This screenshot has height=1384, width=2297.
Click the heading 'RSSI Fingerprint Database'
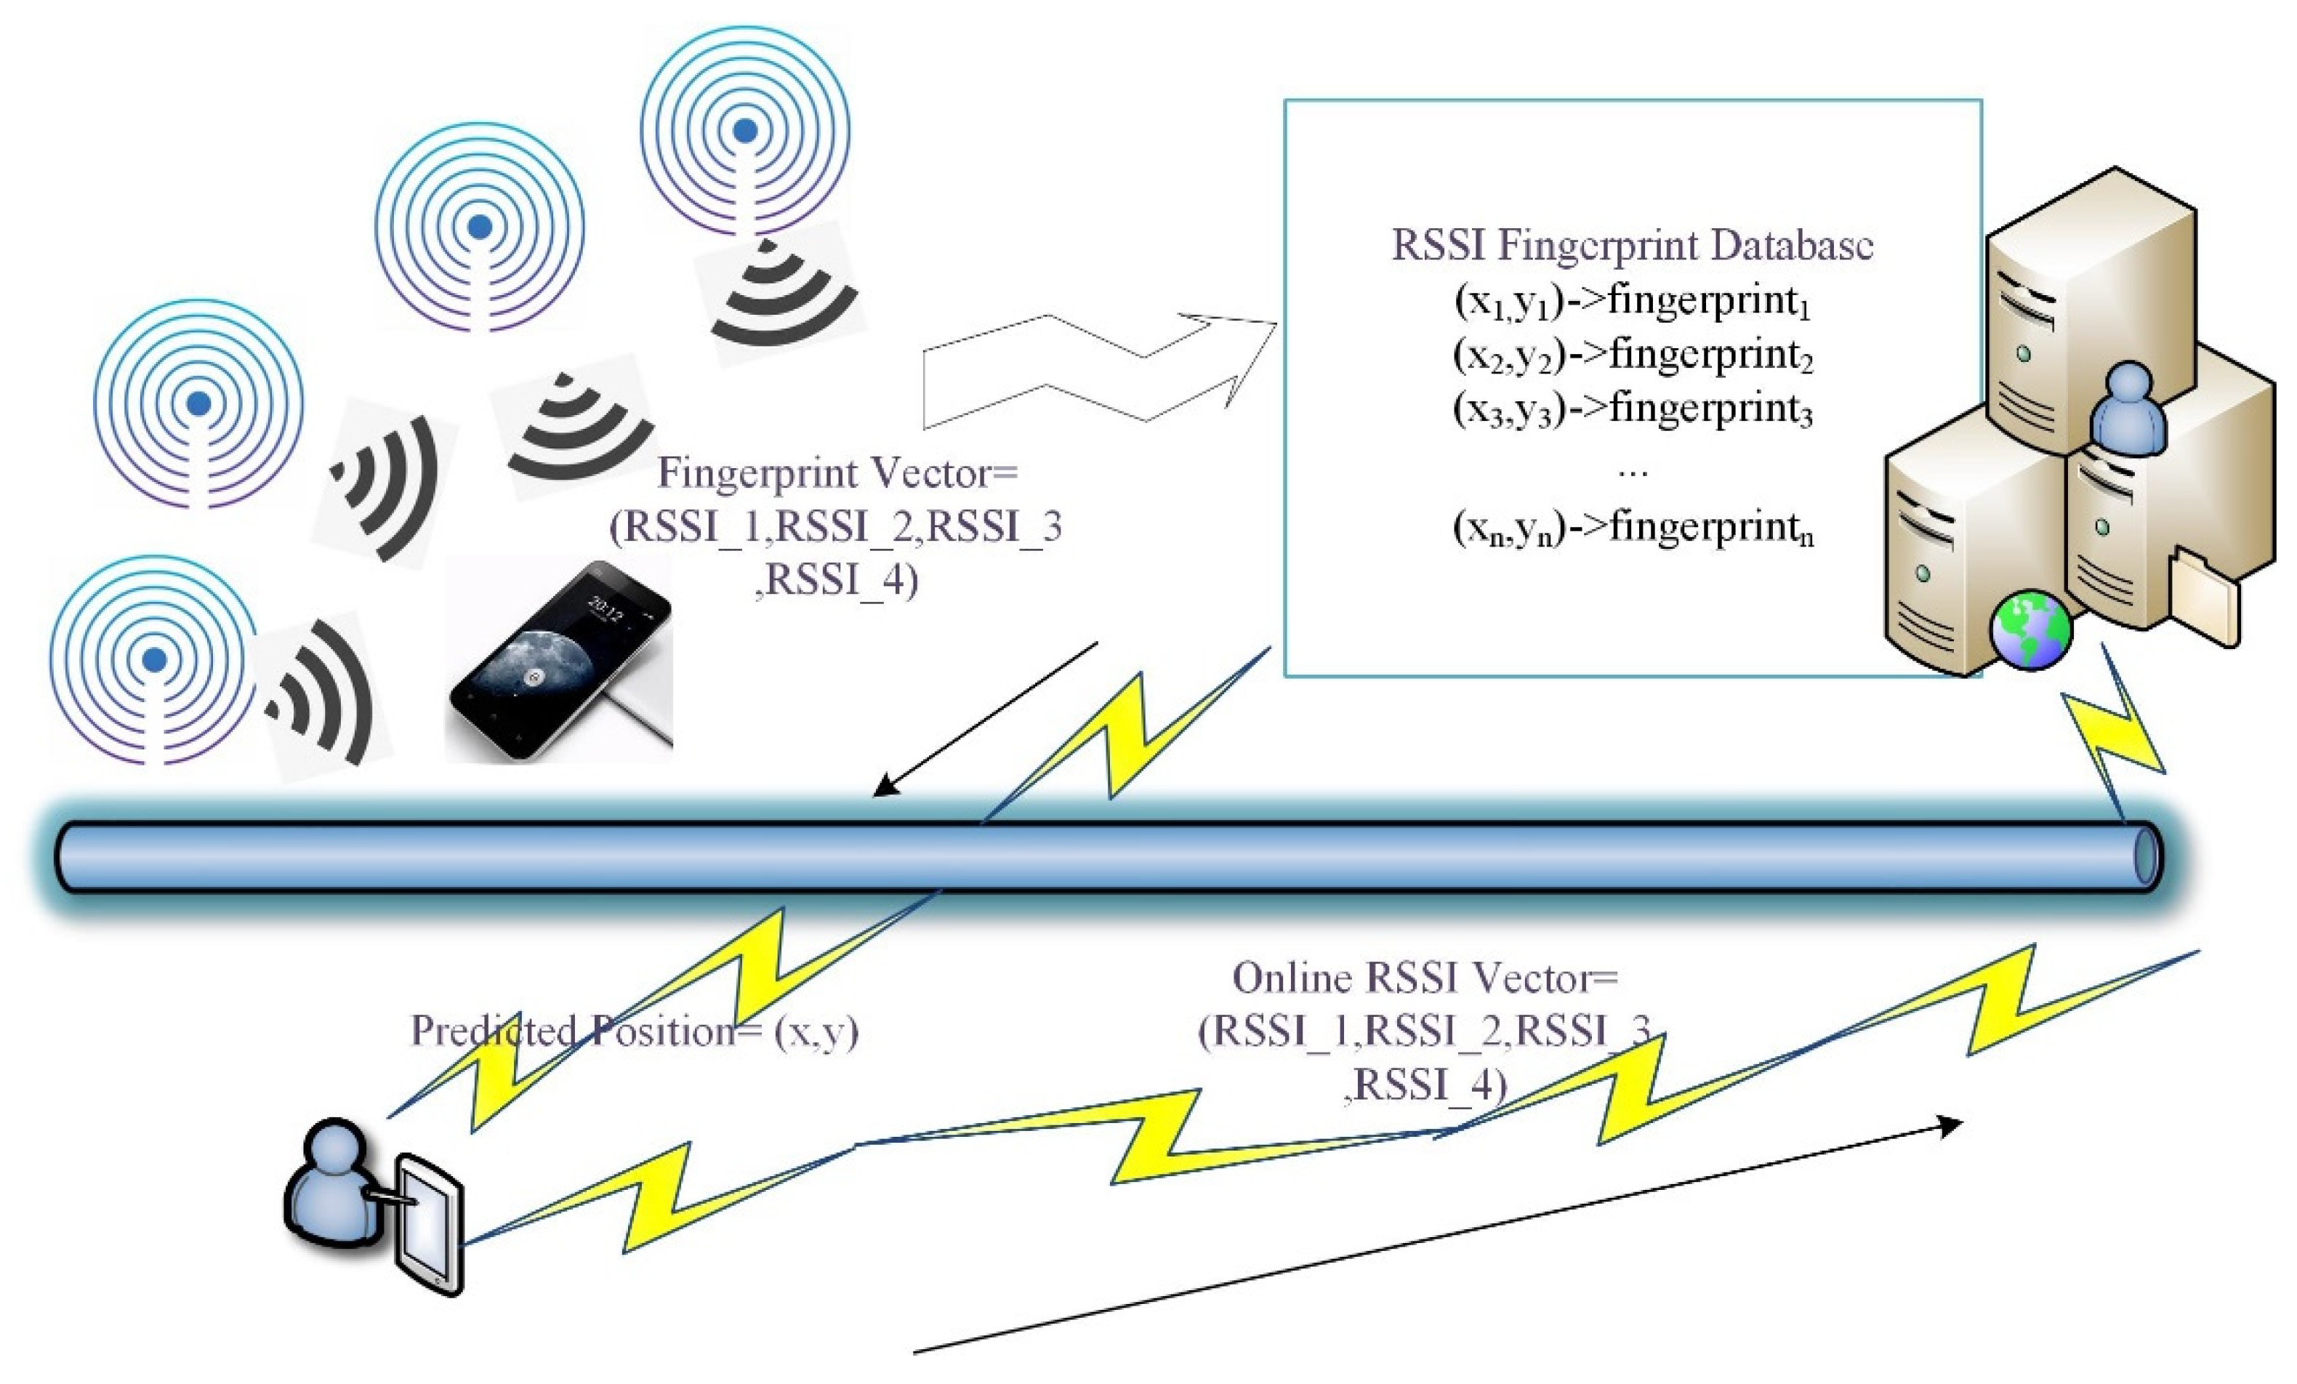pos(1631,245)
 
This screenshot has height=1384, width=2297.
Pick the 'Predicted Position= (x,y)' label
pos(634,1031)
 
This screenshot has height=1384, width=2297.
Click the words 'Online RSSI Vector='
pos(1425,978)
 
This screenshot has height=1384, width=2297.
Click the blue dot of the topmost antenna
pos(744,132)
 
